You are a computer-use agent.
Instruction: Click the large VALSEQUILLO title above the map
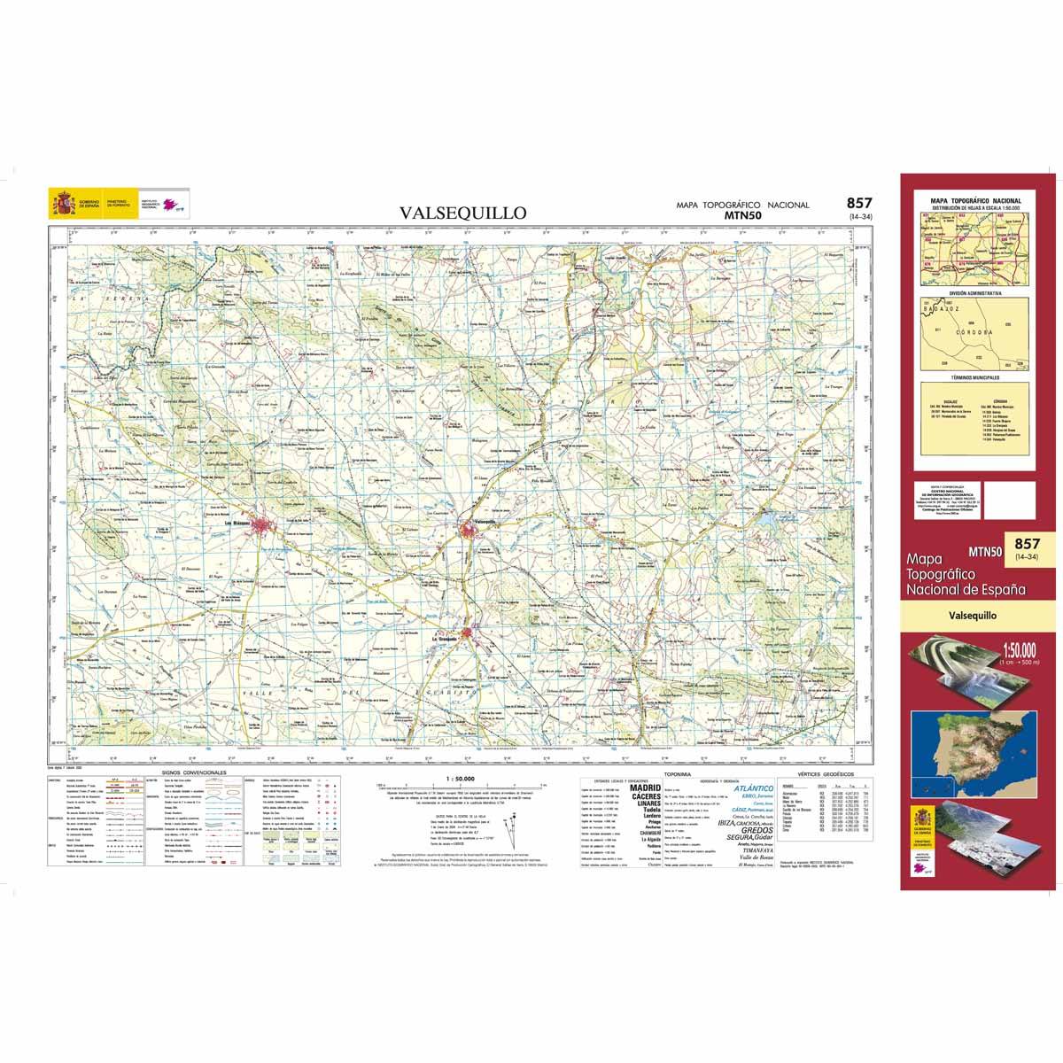pos(462,213)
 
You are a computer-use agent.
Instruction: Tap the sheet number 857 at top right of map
pos(859,203)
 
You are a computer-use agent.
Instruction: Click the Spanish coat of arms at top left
pos(61,205)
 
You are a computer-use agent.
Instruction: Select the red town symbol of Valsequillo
pos(469,530)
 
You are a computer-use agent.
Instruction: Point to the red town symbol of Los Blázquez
pos(265,526)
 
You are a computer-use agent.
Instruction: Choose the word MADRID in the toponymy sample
pos(644,787)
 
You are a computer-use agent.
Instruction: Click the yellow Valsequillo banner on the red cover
pos(973,614)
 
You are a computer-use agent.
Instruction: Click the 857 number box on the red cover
pos(1026,547)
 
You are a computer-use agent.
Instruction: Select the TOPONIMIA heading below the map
pos(688,773)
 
